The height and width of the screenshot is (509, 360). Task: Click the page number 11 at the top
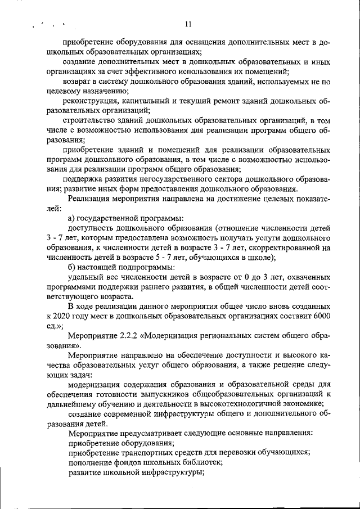188,24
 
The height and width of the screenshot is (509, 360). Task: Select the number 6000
321,317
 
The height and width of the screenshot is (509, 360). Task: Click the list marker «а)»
72,218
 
